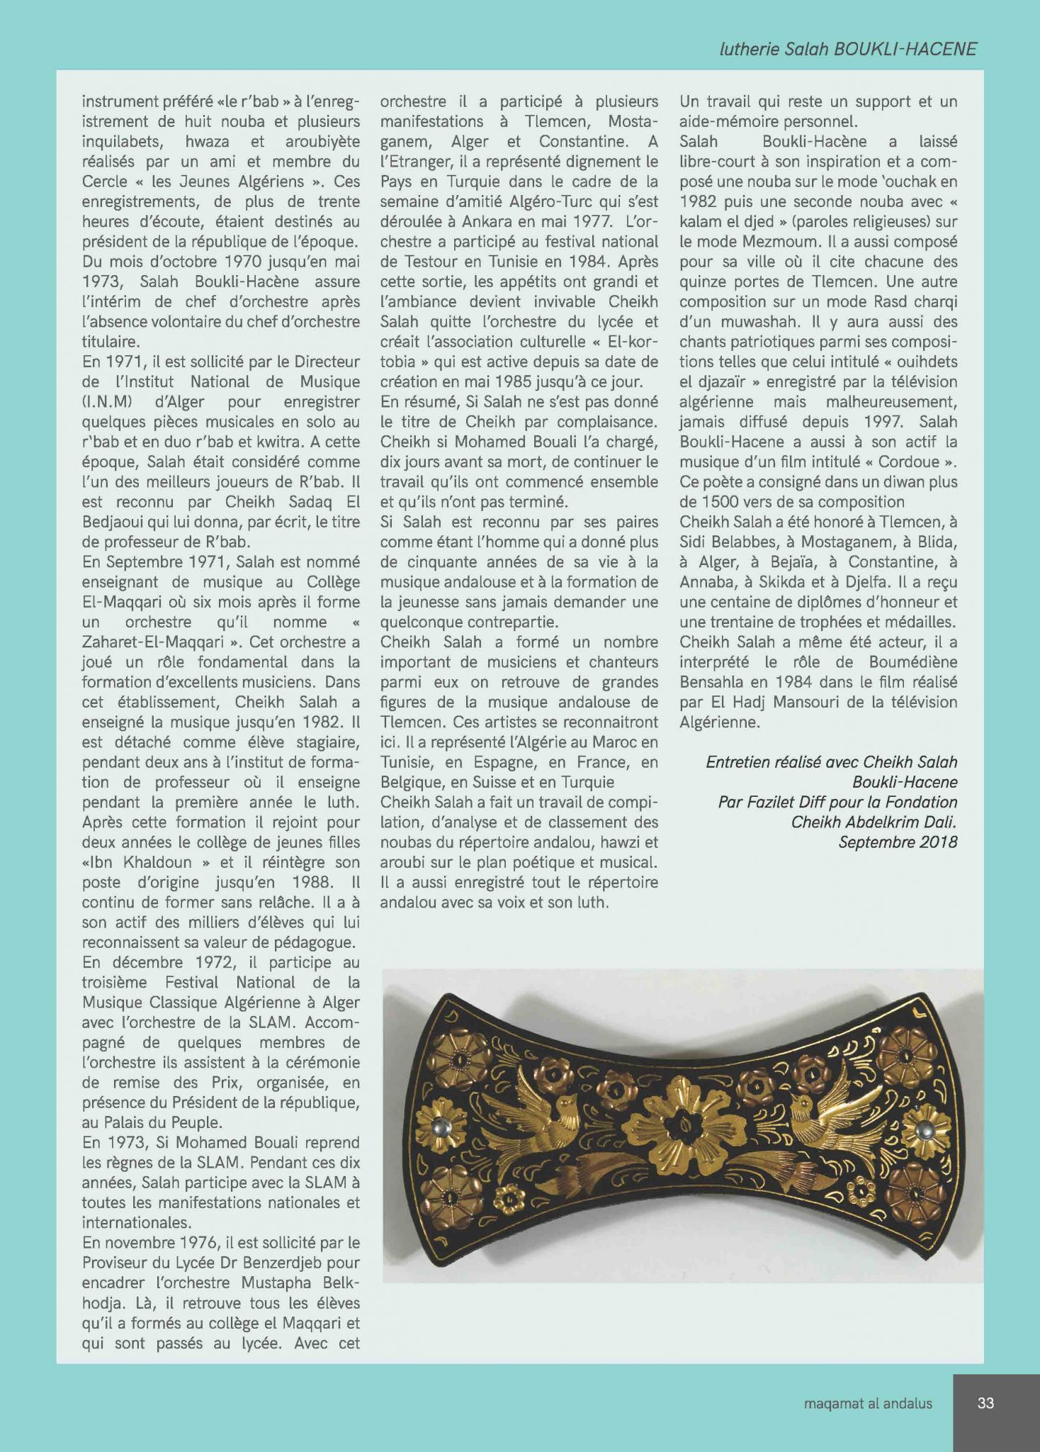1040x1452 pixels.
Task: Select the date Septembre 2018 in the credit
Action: (898, 842)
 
